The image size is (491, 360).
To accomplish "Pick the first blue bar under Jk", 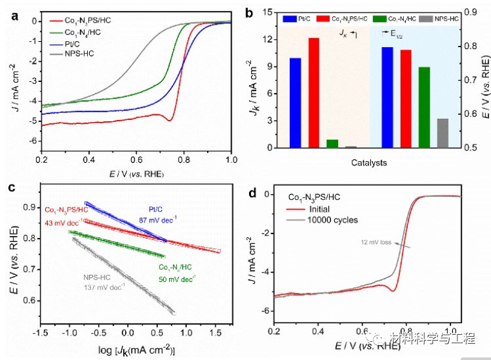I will point(295,103).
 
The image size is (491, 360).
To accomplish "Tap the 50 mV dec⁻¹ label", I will point(176,279).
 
